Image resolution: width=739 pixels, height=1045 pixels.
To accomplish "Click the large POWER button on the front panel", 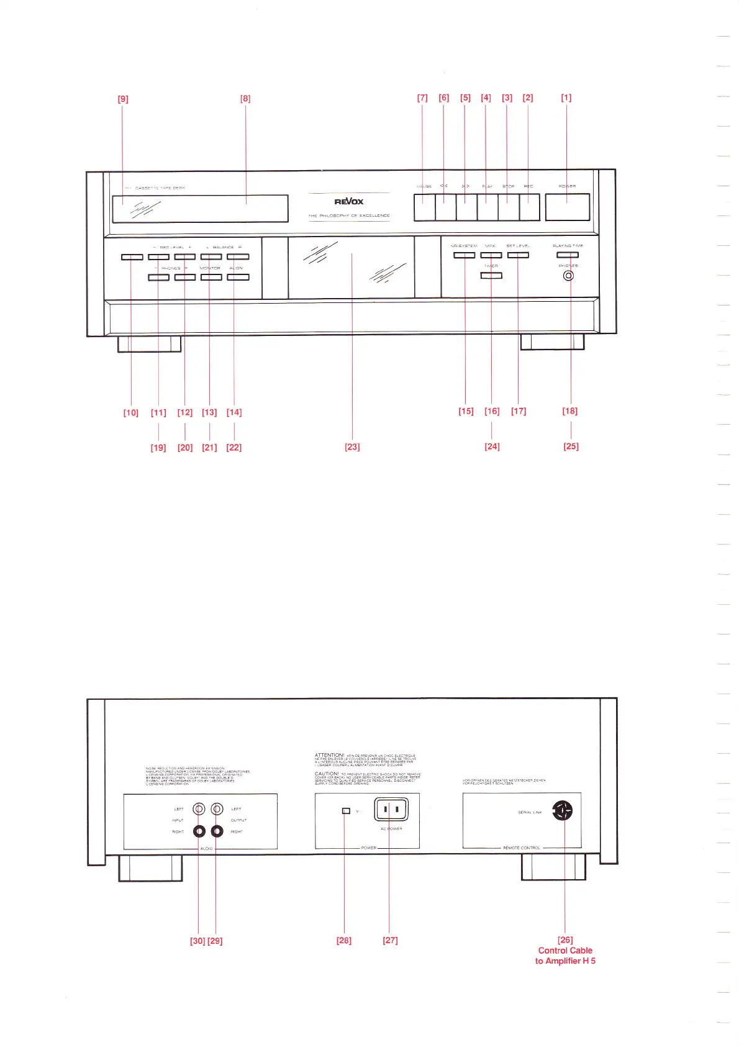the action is click(x=567, y=207).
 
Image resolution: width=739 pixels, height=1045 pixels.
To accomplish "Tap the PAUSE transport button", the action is click(x=424, y=207).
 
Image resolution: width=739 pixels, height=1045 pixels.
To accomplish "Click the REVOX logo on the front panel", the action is click(x=349, y=201).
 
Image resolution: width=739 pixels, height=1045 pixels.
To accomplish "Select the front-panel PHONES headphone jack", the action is click(x=568, y=276).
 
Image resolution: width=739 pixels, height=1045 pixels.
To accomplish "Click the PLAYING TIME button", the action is click(x=567, y=255).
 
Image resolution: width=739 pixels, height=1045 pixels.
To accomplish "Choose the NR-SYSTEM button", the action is click(x=465, y=255).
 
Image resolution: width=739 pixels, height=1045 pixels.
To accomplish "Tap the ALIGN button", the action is click(x=238, y=277).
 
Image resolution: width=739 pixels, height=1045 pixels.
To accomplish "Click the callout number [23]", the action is click(x=352, y=447).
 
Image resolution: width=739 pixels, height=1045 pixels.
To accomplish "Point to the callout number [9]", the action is click(x=123, y=99).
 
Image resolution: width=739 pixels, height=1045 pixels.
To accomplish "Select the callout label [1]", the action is click(x=566, y=97).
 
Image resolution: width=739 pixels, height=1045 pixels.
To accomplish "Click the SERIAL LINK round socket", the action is click(x=563, y=810).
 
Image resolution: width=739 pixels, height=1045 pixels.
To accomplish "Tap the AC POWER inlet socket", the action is click(x=391, y=809).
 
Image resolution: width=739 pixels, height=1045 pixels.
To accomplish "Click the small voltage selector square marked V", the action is click(x=347, y=811).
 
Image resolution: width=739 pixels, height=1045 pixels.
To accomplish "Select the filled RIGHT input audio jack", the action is click(x=199, y=831).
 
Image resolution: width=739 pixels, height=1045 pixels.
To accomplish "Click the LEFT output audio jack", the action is click(x=217, y=809).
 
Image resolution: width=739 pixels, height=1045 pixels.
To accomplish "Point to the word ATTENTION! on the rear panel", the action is click(x=329, y=755).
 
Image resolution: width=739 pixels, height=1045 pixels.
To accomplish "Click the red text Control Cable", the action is click(x=565, y=950).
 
